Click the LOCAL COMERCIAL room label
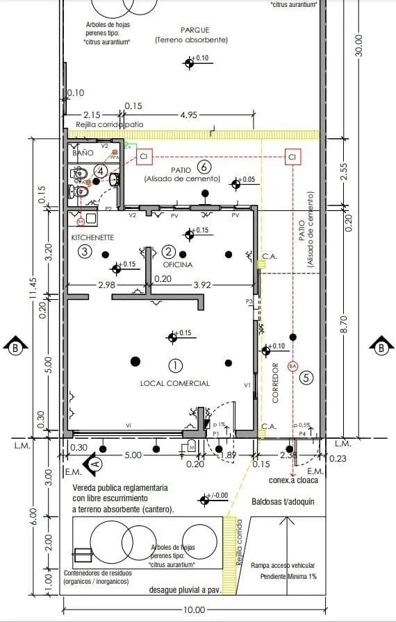(174, 383)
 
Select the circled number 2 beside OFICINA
(167, 251)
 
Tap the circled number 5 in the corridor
(306, 378)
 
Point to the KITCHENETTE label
(92, 237)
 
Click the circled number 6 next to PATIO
(204, 167)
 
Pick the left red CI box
(144, 158)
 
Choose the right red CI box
(292, 158)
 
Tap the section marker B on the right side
(381, 347)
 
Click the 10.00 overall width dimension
(195, 610)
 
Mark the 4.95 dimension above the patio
(189, 115)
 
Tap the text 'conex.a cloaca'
(292, 478)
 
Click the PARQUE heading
(195, 30)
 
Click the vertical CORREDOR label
(275, 383)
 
